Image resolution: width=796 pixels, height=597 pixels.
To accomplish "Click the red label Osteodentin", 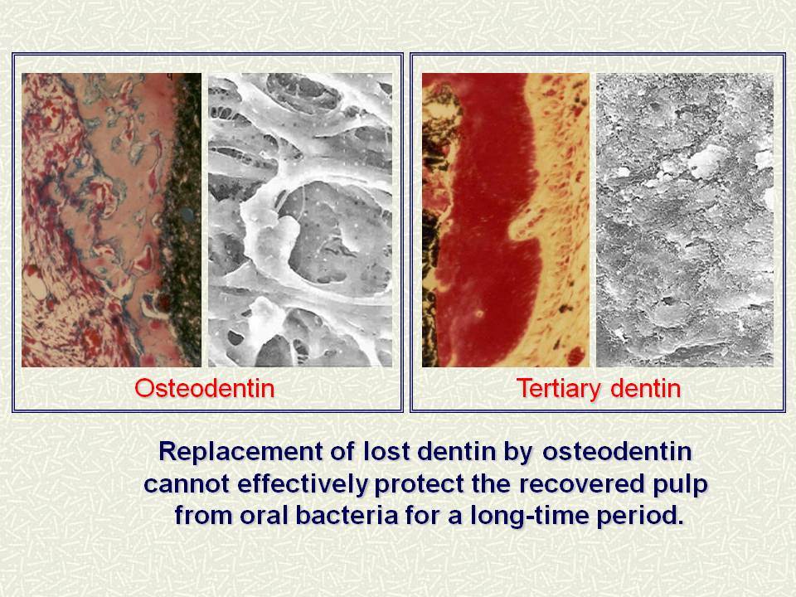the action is tap(205, 389).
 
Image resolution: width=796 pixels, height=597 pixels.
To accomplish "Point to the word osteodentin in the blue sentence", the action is tap(617, 451).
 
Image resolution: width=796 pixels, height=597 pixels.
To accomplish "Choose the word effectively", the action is tap(302, 484).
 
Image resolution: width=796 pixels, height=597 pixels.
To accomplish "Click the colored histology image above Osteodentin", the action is tap(111, 220).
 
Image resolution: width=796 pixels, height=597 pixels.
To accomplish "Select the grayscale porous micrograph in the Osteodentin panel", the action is tap(300, 220).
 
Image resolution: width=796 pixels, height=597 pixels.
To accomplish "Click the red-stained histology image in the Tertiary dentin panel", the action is tap(506, 220).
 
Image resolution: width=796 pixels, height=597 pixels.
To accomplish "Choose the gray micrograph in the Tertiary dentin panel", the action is tap(685, 220).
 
